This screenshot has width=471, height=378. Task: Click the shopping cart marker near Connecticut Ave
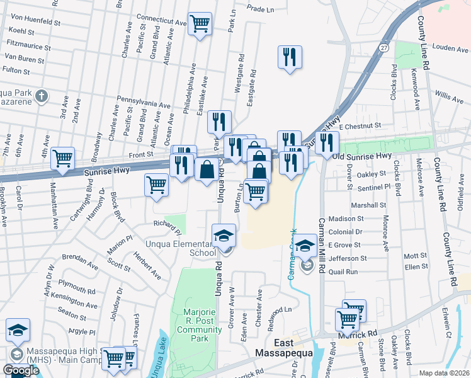click(x=200, y=24)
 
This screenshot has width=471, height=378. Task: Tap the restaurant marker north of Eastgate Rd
click(x=290, y=57)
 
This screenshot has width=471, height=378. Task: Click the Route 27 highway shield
click(x=384, y=47)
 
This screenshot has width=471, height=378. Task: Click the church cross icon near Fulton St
click(x=42, y=96)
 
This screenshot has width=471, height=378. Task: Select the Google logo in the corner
click(x=21, y=370)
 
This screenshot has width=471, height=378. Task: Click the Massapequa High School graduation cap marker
click(x=18, y=329)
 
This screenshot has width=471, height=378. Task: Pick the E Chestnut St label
click(x=360, y=126)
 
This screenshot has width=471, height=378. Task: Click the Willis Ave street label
click(x=448, y=96)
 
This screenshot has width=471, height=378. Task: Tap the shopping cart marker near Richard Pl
click(x=157, y=185)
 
